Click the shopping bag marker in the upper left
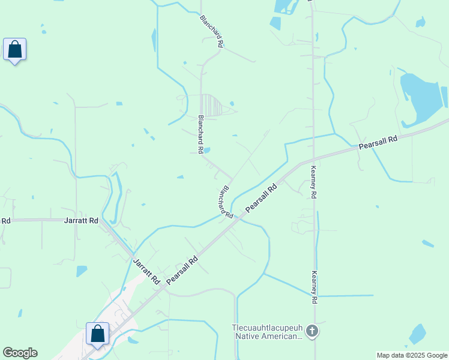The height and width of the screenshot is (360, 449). pyautogui.click(x=14, y=50)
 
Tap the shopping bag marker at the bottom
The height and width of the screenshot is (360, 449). pyautogui.click(x=97, y=334)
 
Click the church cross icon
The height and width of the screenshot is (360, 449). pyautogui.click(x=312, y=331)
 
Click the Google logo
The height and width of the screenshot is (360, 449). pyautogui.click(x=20, y=353)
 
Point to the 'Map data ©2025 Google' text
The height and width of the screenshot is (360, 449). pyautogui.click(x=412, y=355)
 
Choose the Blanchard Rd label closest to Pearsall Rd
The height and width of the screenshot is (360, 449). pyautogui.click(x=226, y=201)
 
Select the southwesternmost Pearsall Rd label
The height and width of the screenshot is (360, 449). pyautogui.click(x=182, y=271)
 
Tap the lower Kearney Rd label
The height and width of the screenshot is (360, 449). pyautogui.click(x=313, y=287)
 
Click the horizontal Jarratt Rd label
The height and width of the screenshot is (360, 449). pyautogui.click(x=81, y=221)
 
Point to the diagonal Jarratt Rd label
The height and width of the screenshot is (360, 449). pyautogui.click(x=146, y=272)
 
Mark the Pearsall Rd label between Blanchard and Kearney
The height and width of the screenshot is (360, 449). pyautogui.click(x=261, y=199)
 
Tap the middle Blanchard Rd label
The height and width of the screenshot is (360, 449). pyautogui.click(x=201, y=133)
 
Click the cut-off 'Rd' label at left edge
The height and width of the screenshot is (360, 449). pyautogui.click(x=5, y=221)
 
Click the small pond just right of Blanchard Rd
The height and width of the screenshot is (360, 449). pyautogui.click(x=207, y=150)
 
